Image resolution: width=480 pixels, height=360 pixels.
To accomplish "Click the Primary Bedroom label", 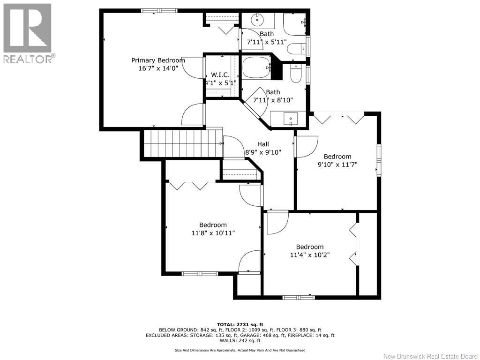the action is point(158,60).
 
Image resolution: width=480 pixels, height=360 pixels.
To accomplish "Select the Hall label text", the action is point(263,144).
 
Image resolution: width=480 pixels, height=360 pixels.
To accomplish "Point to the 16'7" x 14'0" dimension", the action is point(158,68).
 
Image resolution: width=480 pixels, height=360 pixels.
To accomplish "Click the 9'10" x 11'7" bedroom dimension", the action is point(337,165).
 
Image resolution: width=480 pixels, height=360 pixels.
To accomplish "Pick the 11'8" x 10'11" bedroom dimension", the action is point(213,233).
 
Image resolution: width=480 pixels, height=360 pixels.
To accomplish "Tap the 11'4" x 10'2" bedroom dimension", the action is point(310,255).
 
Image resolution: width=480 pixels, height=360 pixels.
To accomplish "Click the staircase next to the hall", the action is point(183,143).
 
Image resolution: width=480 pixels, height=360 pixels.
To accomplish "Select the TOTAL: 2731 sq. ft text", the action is point(240,324).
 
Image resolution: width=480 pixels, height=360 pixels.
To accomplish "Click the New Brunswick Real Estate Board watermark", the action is point(430,356).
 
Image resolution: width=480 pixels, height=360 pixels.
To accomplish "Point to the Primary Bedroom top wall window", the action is point(159,11).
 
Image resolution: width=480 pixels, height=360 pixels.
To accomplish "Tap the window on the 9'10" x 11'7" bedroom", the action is point(379,160).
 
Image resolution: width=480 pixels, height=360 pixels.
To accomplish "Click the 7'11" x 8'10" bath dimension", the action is point(273,100).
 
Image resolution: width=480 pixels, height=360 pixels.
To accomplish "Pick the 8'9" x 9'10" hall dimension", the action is point(263,152).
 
